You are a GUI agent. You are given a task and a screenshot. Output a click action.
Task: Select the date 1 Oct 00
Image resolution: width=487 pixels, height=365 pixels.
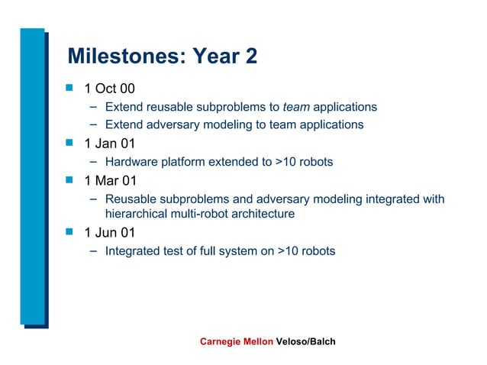coord(109,89)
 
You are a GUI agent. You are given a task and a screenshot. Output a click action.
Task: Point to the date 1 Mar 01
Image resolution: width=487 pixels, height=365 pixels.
coord(110,181)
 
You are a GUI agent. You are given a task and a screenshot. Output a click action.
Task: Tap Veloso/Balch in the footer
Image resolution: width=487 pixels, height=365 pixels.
coord(305,341)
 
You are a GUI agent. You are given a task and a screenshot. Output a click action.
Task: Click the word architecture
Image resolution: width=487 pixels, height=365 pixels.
coord(263,214)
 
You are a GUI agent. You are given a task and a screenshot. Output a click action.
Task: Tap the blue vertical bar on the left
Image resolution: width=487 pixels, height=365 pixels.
coord(32,176)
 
